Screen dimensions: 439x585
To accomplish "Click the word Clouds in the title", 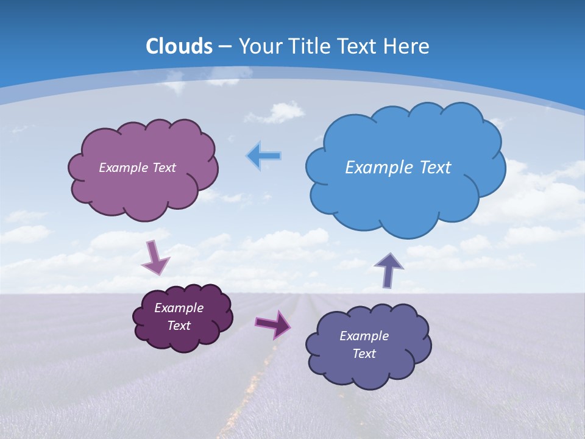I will (179, 46).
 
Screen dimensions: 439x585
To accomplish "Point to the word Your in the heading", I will (257, 46).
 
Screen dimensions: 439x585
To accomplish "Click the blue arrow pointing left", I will (264, 157).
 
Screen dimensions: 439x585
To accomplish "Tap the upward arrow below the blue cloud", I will (388, 269).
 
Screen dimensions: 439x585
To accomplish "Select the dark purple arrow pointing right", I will (273, 324).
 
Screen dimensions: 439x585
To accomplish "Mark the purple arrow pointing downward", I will (155, 257).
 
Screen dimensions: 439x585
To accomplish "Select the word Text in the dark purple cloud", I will (179, 326).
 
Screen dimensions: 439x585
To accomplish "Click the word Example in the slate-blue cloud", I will (364, 336).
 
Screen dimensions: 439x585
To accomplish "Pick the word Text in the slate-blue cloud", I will (364, 354).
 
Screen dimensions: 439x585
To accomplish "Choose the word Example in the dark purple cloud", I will (179, 308).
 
